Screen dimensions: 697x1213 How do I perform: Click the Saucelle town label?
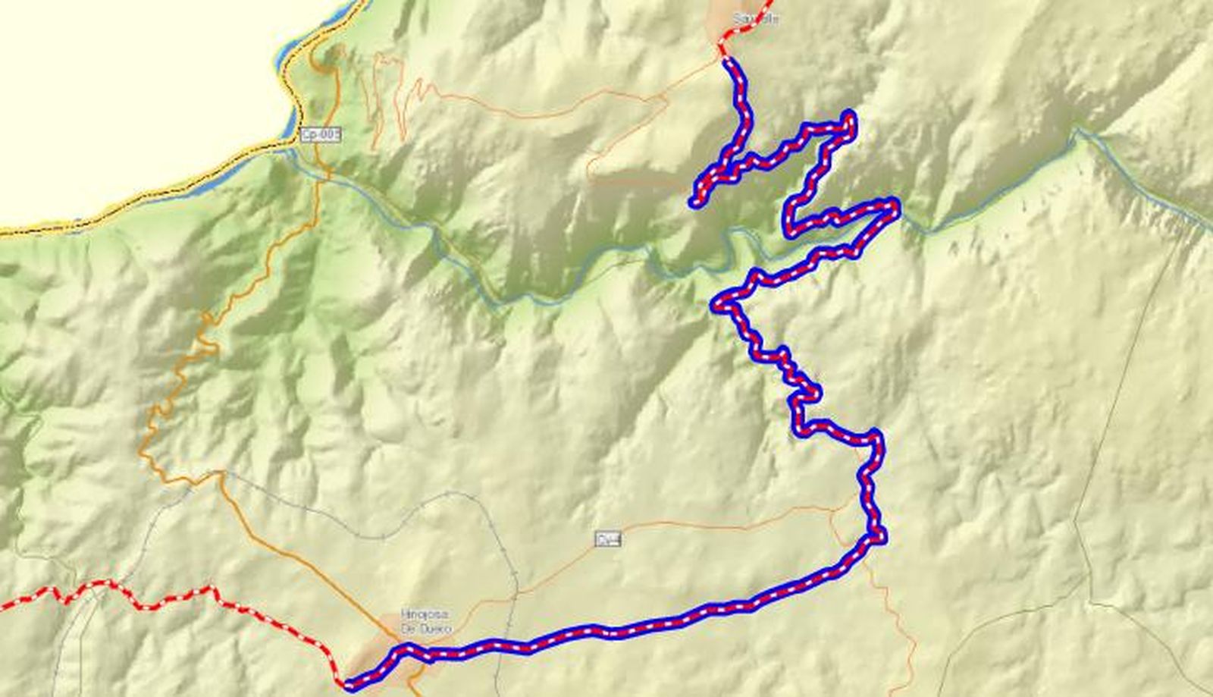[x=755, y=19]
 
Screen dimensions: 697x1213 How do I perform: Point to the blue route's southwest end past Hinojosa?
[x=347, y=685]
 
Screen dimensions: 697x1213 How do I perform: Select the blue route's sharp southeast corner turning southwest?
[x=880, y=538]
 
